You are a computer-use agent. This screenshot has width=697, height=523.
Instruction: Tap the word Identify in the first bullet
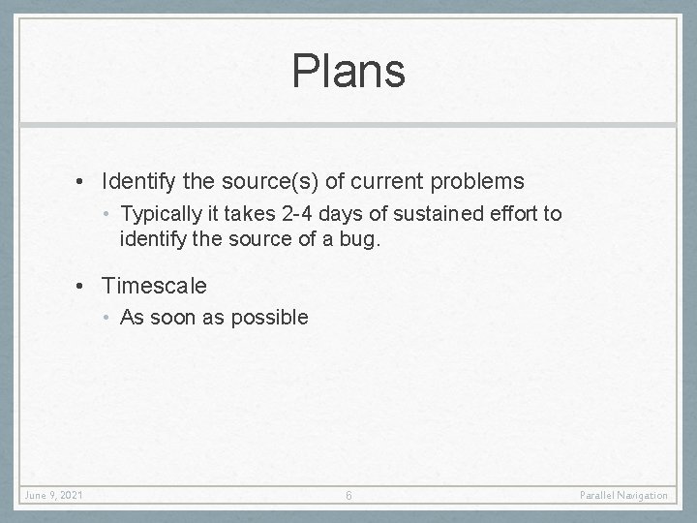[x=136, y=181]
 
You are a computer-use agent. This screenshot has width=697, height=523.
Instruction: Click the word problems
[x=476, y=181]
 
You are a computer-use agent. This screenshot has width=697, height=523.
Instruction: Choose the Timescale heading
[x=154, y=287]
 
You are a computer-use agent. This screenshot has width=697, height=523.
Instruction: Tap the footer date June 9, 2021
[x=55, y=496]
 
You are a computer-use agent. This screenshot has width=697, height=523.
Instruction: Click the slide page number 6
[x=348, y=496]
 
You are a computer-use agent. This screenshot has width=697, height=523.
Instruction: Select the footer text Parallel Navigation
[x=623, y=496]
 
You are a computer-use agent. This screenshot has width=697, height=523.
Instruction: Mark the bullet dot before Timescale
[x=86, y=287]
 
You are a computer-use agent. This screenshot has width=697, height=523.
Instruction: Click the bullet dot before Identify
[x=86, y=181]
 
